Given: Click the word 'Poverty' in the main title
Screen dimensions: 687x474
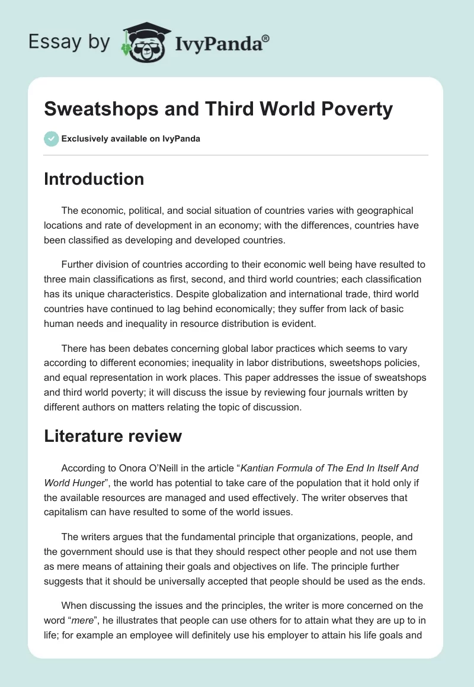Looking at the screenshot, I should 355,109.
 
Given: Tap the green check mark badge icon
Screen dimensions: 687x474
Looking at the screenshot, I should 51,139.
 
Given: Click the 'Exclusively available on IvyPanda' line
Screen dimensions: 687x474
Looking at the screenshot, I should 131,139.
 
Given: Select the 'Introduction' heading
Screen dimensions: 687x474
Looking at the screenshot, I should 94,179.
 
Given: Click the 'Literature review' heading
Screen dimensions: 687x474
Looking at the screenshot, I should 113,436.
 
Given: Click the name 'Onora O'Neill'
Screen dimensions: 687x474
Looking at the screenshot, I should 142,467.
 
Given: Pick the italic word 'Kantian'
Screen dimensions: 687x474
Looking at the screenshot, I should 273,467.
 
